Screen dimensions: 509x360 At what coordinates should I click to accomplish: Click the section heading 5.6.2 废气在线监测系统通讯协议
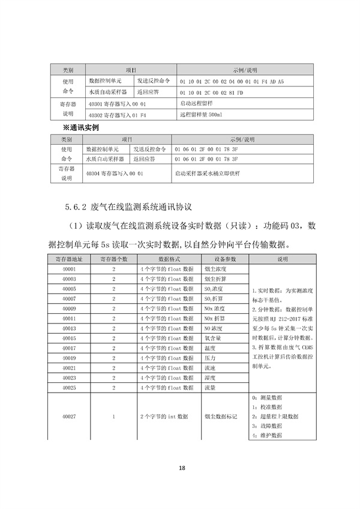point(129,207)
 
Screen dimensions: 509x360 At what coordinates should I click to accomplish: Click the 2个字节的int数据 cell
point(164,416)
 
